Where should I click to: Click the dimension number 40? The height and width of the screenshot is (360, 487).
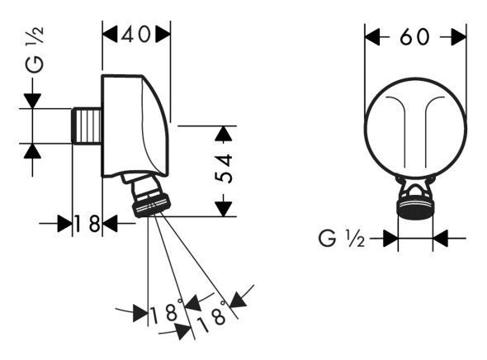point(135,34)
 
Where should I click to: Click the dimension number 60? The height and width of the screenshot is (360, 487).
point(414,37)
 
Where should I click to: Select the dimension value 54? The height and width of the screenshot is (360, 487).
point(224,168)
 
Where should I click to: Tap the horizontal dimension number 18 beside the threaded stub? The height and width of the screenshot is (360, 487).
point(87,224)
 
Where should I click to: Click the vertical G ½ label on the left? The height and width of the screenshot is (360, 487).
point(35,50)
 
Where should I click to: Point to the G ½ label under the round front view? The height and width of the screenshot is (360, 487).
point(342,239)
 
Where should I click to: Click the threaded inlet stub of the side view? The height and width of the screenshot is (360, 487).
point(87,126)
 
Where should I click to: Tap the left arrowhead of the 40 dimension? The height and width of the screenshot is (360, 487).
point(110,34)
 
